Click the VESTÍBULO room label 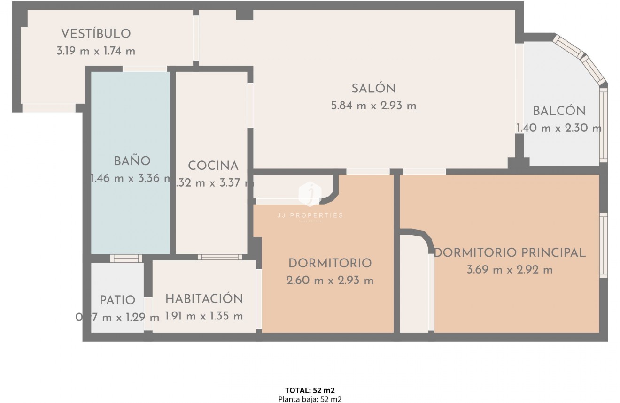96,34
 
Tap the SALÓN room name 373,88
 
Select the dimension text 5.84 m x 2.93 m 373,106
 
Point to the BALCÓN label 559,111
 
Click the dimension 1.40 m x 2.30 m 559,128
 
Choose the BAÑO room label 132,161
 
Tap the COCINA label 213,166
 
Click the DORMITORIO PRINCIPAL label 510,252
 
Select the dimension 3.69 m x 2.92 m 510,270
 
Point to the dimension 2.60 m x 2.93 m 330,281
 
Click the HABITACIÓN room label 204,299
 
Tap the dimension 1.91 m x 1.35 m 204,316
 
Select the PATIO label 117,300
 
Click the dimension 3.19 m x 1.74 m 96,51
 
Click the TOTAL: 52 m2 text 310,390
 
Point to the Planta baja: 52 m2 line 310,399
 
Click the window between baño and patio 126,258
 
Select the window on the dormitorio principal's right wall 604,245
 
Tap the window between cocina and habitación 219,257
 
